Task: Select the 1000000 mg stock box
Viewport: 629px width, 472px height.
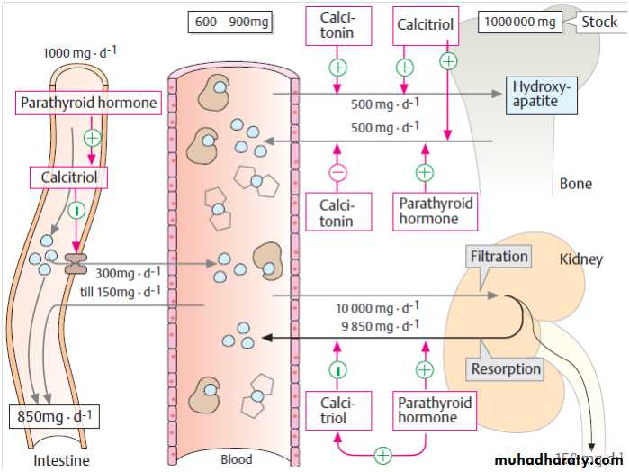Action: [521, 22]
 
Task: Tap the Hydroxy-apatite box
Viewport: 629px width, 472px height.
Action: [535, 94]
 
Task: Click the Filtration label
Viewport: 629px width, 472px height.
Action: [499, 257]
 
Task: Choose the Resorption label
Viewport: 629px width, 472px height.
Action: [506, 368]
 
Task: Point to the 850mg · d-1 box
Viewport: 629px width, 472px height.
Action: [55, 416]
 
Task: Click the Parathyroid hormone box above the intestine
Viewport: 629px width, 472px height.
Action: [87, 103]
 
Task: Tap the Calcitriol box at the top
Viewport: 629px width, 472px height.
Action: [425, 24]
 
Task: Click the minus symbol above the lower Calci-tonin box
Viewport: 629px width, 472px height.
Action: [337, 172]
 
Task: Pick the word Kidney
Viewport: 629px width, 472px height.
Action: [580, 259]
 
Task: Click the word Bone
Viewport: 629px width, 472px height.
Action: [576, 184]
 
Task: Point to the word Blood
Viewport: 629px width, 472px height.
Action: [237, 459]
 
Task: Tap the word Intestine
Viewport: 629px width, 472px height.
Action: [61, 461]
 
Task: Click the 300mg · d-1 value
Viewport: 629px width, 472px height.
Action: [129, 273]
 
